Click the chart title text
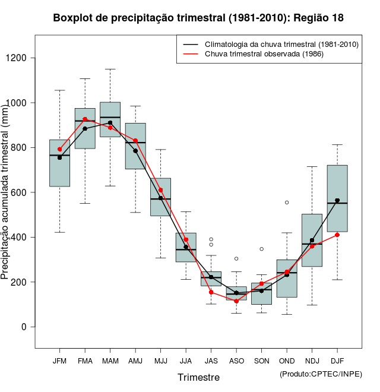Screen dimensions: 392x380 coord(198,18)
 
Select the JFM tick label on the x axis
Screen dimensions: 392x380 coord(59,361)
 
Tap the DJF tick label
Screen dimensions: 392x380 coord(337,361)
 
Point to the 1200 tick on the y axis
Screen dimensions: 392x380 coord(22,58)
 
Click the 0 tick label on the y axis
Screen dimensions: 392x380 coord(24,327)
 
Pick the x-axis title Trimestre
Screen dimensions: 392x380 coord(198,377)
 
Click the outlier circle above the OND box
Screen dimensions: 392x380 coord(287,203)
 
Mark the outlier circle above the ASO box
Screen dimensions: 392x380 coord(236,258)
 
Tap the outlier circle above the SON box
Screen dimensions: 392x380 coord(261,249)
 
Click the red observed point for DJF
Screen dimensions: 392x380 coord(337,235)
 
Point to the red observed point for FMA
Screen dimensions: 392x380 coord(85,119)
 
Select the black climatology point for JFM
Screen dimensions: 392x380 coord(59,157)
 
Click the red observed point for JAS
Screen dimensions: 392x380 coord(211,292)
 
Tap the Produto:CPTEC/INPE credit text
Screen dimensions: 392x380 coord(321,373)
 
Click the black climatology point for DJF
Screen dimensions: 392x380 coord(337,200)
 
